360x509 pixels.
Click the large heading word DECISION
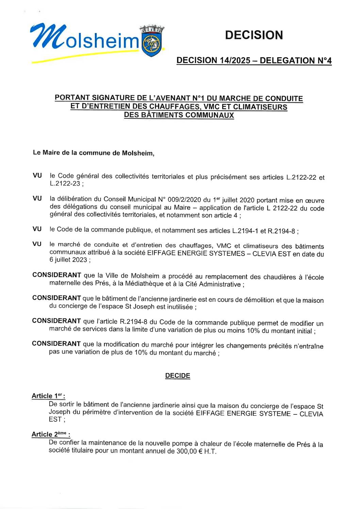254,35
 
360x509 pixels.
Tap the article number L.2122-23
65,184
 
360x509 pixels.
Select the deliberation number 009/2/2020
183,199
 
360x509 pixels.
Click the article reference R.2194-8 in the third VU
281,231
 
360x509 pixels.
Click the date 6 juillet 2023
68,260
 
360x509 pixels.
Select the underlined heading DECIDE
178,376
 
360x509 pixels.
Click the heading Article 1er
48,396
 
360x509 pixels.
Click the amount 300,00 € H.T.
196,451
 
